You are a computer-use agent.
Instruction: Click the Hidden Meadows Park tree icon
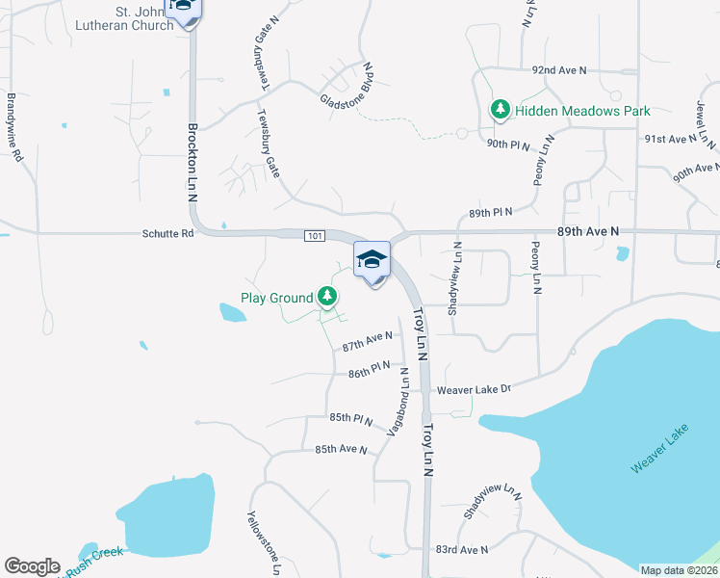click(500, 110)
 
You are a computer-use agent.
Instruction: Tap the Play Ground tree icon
click(328, 297)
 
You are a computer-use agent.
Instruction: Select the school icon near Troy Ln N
click(373, 261)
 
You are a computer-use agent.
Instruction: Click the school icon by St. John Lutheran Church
click(183, 8)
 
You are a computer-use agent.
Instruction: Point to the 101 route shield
click(318, 235)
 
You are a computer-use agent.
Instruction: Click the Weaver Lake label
click(661, 450)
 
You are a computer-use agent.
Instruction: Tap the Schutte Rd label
click(167, 233)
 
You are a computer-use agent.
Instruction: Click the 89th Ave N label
click(587, 232)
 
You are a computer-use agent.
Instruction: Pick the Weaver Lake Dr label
click(473, 390)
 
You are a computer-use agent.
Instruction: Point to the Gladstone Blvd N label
click(347, 88)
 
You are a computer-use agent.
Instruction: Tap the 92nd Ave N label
click(559, 71)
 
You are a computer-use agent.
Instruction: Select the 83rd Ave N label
click(462, 550)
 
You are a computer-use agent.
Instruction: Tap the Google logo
click(32, 566)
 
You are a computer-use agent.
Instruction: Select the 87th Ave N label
click(368, 340)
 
